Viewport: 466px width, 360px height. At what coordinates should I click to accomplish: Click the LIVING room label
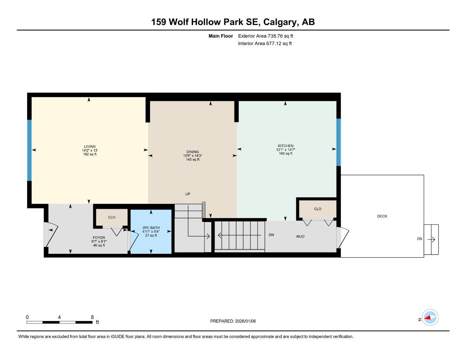point(89,147)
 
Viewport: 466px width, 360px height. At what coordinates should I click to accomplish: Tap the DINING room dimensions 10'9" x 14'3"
point(193,156)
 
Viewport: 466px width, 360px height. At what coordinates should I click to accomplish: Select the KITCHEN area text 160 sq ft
point(286,154)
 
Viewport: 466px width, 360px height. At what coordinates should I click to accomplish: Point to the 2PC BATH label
point(151,228)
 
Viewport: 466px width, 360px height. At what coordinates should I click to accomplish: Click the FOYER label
point(99,238)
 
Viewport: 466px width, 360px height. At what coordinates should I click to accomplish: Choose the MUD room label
point(300,237)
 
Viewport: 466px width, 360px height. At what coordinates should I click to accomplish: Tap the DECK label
point(382,216)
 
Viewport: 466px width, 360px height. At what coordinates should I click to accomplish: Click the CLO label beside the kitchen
point(318,209)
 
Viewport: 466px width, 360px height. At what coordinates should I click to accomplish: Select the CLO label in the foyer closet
point(111,217)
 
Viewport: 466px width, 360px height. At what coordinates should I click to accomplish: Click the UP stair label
point(188,194)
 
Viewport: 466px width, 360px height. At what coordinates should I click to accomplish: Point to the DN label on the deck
point(419,239)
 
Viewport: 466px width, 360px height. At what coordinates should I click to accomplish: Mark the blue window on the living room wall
point(30,150)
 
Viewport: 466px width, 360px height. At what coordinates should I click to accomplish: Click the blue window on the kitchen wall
point(338,142)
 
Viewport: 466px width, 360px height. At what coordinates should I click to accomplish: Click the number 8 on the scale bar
point(92,317)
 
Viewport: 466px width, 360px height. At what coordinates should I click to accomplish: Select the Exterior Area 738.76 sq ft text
point(266,36)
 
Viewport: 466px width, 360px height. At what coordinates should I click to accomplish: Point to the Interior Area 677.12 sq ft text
point(265,44)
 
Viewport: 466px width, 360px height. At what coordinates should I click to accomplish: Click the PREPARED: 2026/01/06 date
point(233,321)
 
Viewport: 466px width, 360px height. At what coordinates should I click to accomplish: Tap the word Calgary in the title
point(279,22)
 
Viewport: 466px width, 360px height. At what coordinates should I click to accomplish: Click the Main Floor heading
point(221,36)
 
